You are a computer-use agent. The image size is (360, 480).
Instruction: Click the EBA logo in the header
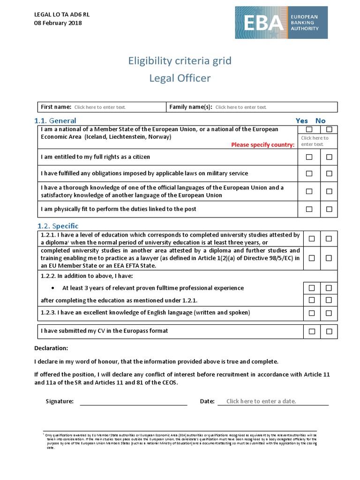[x=281, y=22]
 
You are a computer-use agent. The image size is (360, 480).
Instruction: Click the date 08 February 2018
[x=58, y=23]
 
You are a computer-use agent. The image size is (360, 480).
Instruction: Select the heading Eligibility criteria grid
[x=180, y=61]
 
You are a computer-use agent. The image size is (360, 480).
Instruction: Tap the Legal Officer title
[x=180, y=78]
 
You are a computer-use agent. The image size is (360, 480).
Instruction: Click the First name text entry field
[x=100, y=107]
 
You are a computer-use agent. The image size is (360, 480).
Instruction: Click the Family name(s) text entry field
[x=241, y=107]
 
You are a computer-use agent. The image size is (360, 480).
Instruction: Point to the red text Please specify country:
[x=262, y=145]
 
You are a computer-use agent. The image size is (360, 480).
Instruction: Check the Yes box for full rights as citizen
[x=309, y=157]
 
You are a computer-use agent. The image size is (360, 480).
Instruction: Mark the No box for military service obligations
[x=329, y=173]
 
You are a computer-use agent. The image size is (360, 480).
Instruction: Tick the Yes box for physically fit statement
[x=309, y=209]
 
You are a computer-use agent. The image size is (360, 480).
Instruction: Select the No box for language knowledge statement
[x=329, y=191]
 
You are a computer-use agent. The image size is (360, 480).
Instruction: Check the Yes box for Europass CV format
[x=312, y=331]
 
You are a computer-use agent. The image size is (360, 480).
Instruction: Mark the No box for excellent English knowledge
[x=329, y=313]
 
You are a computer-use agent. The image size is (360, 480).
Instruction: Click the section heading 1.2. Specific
[x=58, y=226]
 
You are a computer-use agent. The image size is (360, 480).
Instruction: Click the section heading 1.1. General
[x=55, y=120]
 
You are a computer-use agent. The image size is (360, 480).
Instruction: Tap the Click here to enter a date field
[x=261, y=401]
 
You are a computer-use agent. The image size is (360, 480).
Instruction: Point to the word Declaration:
[x=51, y=348]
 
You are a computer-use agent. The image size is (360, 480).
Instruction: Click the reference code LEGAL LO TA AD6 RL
[x=62, y=15]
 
